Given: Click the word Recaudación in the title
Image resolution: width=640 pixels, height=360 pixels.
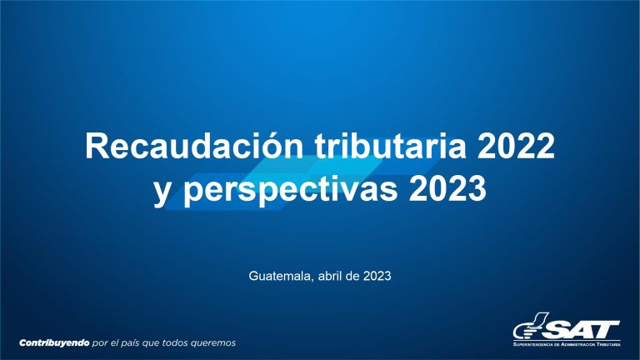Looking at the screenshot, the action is (194, 146).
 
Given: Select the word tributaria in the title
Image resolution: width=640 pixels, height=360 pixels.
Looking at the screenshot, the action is (390, 146).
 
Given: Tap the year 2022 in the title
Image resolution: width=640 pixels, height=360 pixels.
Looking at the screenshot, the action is (516, 146).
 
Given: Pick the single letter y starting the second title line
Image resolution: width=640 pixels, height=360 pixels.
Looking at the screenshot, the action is (162, 192).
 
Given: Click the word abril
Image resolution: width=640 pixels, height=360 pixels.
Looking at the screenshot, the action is (330, 276).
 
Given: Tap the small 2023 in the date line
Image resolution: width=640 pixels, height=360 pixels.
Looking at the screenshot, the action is (377, 276).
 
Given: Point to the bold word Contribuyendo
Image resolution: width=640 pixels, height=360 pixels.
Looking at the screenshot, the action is (54, 342).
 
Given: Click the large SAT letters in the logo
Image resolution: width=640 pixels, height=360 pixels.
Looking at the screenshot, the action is (581, 329).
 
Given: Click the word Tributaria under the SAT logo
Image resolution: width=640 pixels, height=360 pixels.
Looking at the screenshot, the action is (608, 344).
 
